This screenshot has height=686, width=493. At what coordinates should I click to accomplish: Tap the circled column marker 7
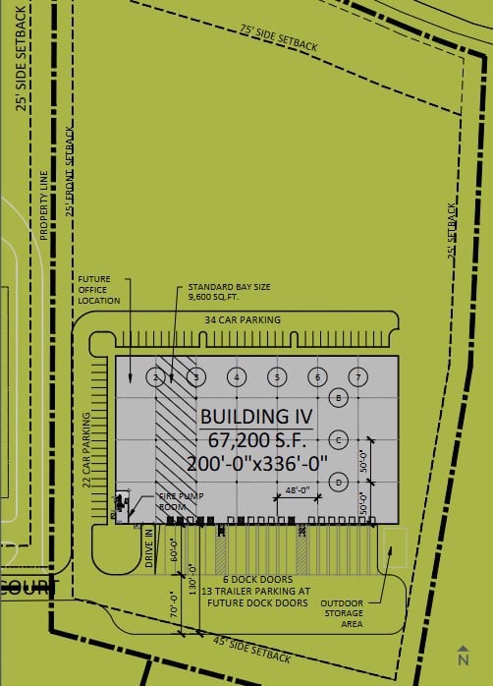tap(360, 376)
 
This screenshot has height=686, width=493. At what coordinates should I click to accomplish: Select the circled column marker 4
tap(237, 376)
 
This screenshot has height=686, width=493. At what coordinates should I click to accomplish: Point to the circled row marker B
tap(339, 398)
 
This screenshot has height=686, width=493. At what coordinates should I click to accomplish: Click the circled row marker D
tap(339, 482)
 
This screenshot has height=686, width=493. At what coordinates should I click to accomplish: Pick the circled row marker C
tap(339, 439)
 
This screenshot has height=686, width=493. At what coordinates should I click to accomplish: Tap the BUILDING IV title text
tap(255, 417)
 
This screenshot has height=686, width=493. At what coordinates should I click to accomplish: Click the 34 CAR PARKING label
tap(244, 320)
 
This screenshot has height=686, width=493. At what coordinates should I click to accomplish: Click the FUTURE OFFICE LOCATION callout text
tap(99, 291)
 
